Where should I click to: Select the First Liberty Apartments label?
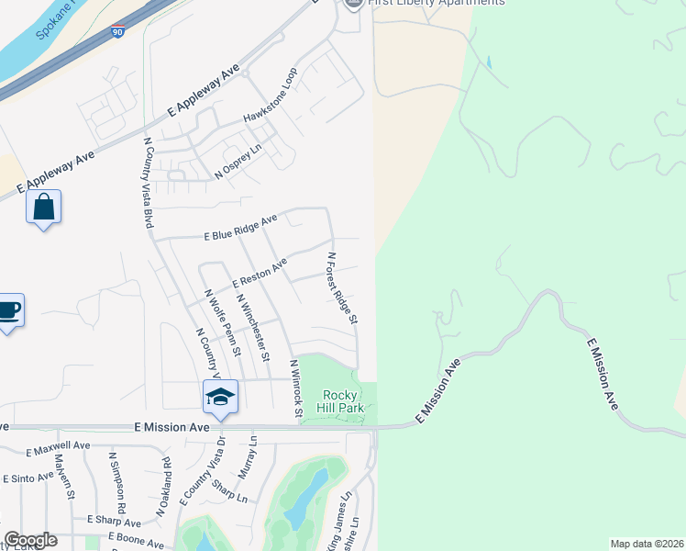[x=436, y=3]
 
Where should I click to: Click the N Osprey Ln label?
[x=238, y=160]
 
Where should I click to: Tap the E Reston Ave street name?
[x=260, y=271]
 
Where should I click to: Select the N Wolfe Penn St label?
[x=223, y=322]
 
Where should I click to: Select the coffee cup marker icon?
[x=8, y=310]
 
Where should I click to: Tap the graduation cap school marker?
[x=220, y=397]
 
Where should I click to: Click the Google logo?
[x=30, y=540]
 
